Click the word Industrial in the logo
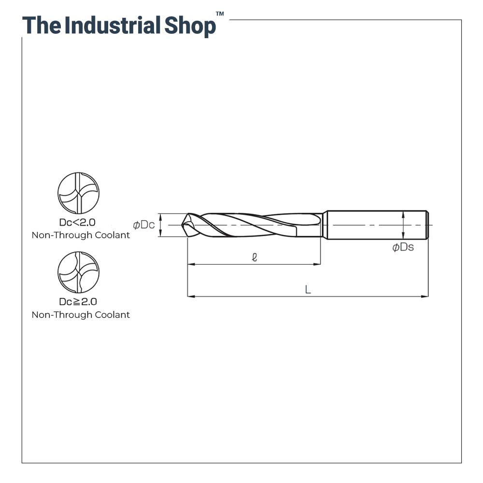coord(113,25)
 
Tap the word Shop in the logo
coord(190,27)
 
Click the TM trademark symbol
coord(220,14)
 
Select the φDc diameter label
coord(144,225)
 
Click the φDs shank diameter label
coord(403,247)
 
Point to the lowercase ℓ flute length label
coord(255,257)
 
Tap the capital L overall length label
coord(308,289)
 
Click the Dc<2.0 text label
coord(77,222)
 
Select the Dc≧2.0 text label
coord(78,301)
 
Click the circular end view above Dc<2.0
coord(79,193)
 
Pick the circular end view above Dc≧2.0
coord(79,272)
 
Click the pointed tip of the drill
coord(182,225)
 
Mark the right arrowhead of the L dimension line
coord(425,297)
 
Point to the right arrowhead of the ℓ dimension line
coord(317,264)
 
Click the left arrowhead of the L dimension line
coord(191,297)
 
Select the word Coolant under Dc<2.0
coord(112,235)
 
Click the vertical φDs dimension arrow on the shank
coord(403,225)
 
